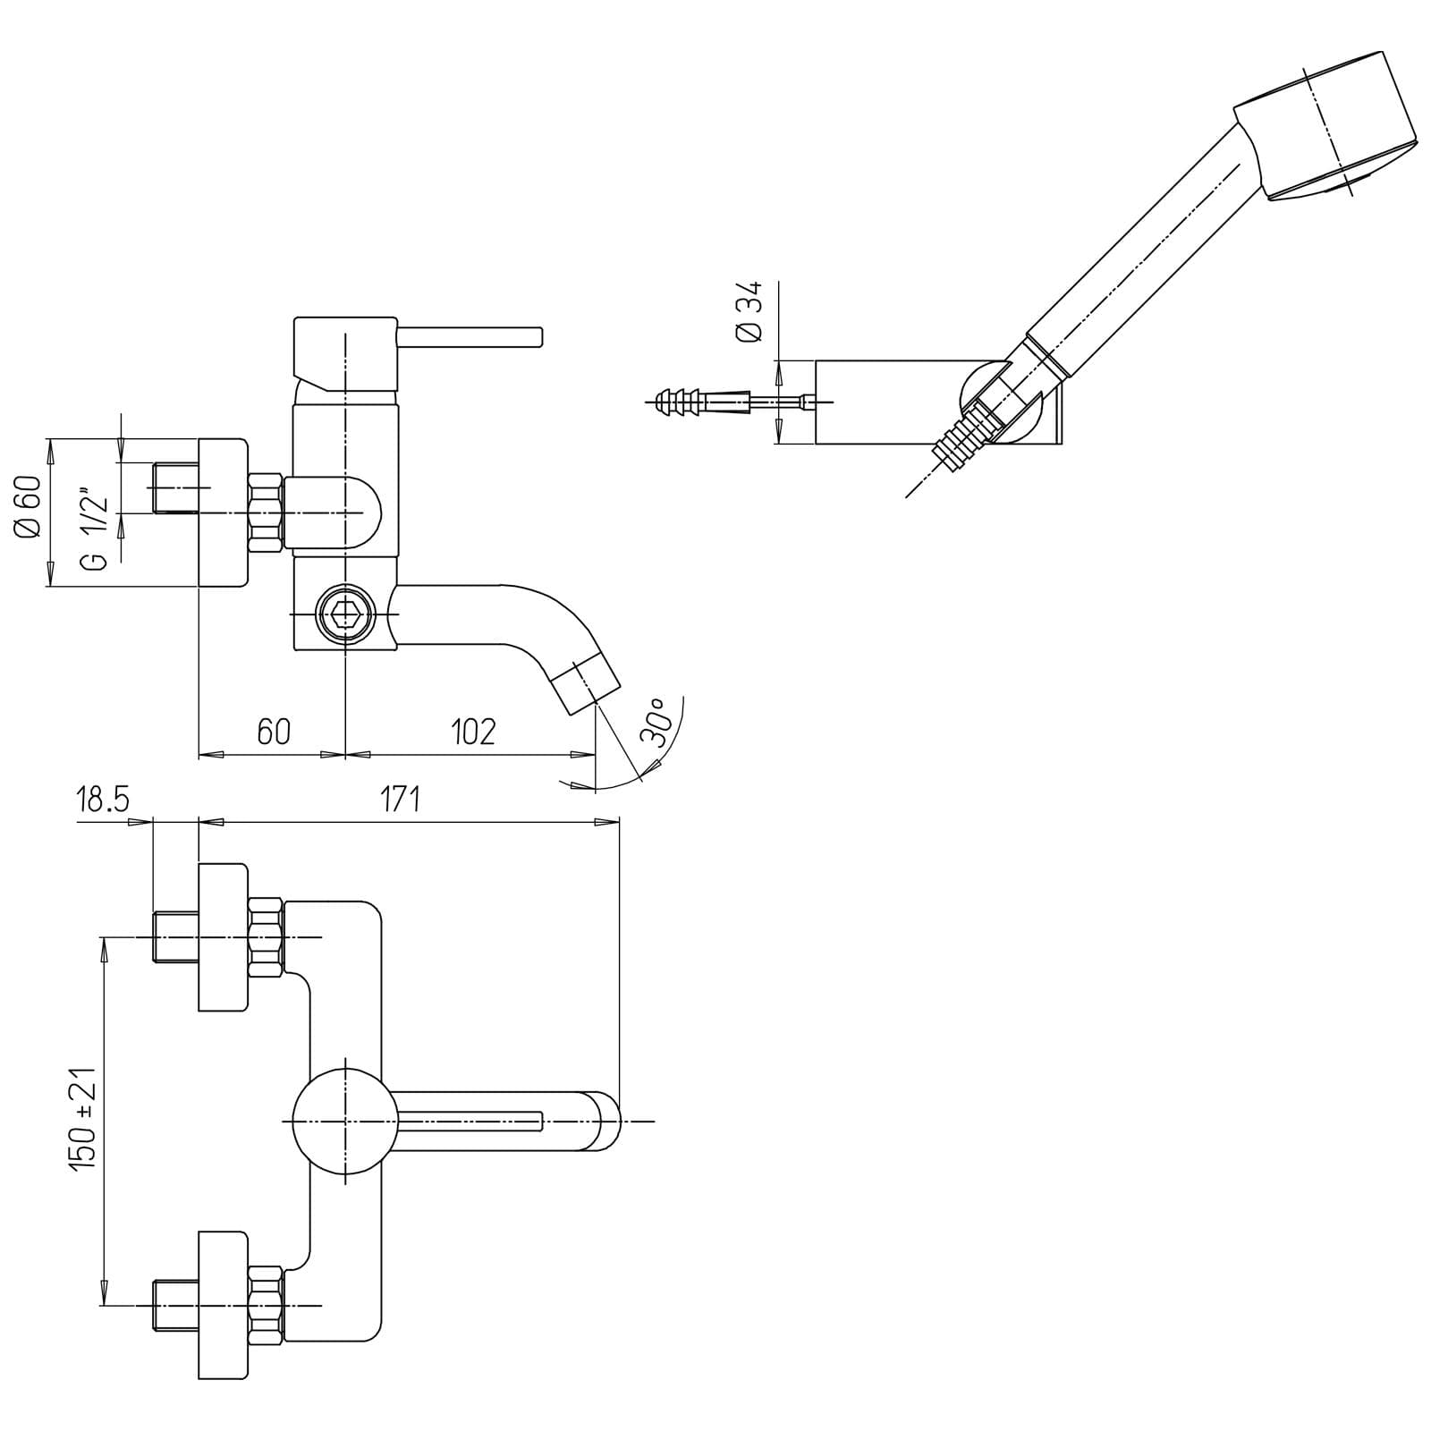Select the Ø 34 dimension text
(749, 310)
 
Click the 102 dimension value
(472, 732)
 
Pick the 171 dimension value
(399, 799)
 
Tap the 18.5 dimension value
(103, 799)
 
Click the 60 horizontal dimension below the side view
(274, 732)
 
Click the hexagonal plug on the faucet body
(344, 614)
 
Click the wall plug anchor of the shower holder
(689, 402)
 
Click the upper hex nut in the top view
(266, 936)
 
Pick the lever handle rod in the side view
(470, 336)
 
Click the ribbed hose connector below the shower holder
(964, 436)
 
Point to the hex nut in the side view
(266, 512)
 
